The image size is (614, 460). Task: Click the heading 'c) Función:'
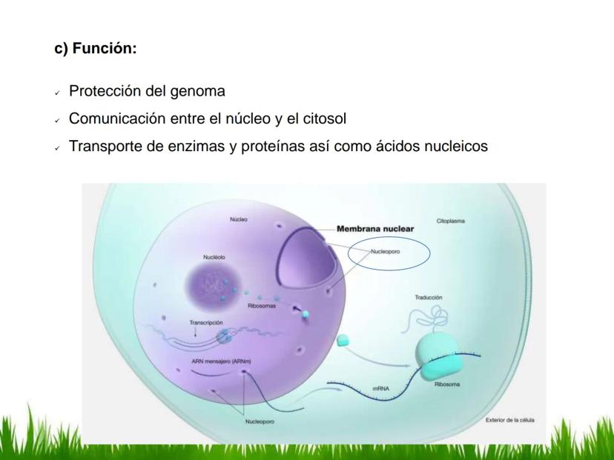pos(96,48)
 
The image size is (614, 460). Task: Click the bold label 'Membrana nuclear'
pos(375,229)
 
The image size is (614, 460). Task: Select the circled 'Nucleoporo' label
pos(386,252)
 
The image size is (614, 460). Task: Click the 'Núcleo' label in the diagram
pos(239,219)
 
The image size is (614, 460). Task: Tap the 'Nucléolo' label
pos(214,257)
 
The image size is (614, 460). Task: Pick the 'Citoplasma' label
pos(451,221)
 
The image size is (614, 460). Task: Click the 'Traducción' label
pos(429,298)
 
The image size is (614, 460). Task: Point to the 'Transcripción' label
pos(206,323)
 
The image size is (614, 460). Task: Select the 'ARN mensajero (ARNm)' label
pos(221,361)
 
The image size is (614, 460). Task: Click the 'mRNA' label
pos(380,389)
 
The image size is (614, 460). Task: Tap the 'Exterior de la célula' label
pos(510,420)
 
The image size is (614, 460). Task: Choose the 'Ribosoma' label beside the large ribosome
pos(447,384)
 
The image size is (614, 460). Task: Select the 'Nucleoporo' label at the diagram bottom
pos(260,421)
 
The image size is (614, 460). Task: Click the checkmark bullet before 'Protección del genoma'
pos(58,93)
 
